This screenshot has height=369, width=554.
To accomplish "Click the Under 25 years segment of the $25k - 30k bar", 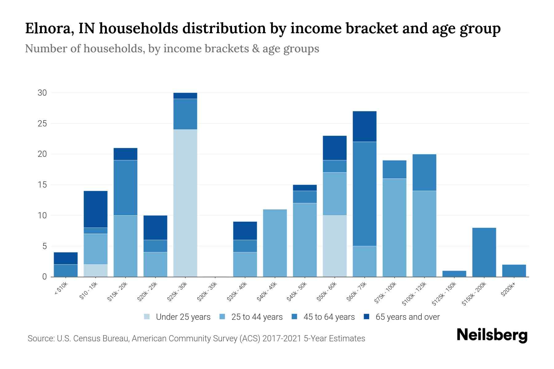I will pyautogui.click(x=185, y=203).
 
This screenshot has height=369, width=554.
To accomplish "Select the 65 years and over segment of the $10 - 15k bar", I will pyautogui.click(x=96, y=209).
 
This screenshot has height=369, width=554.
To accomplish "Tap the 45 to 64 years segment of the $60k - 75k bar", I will pyautogui.click(x=365, y=194).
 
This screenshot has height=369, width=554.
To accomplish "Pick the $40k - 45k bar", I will pyautogui.click(x=275, y=243).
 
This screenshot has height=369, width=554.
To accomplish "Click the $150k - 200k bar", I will pyautogui.click(x=484, y=252).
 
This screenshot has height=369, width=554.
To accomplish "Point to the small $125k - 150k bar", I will pyautogui.click(x=454, y=274).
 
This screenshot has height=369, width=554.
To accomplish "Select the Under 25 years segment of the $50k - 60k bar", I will pyautogui.click(x=335, y=246).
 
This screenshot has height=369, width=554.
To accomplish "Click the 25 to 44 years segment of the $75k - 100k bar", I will pyautogui.click(x=395, y=228).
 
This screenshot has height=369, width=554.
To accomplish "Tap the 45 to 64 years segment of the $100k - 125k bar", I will pyautogui.click(x=424, y=172).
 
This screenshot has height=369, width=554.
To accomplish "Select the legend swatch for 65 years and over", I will pyautogui.click(x=367, y=317).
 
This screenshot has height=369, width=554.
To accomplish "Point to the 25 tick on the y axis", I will pyautogui.click(x=42, y=124).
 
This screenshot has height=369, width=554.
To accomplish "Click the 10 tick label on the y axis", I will pyautogui.click(x=42, y=216).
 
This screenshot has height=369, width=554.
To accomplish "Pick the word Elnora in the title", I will pyautogui.click(x=48, y=28).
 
